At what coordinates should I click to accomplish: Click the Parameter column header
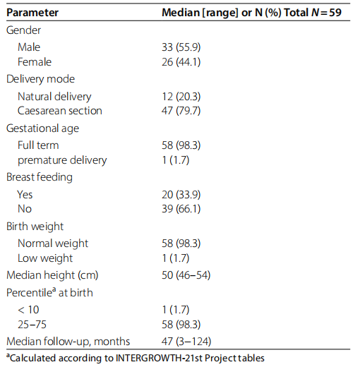[x=32, y=13]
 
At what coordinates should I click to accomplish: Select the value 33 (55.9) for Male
[x=181, y=47]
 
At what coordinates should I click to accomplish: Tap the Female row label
[x=35, y=62]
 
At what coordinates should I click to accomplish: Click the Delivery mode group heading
[x=40, y=79]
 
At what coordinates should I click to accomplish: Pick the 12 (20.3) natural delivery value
[x=181, y=97]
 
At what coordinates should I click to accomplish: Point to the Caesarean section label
[x=60, y=111]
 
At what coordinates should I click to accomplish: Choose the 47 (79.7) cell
[x=181, y=111]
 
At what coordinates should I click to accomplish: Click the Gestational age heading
[x=42, y=128]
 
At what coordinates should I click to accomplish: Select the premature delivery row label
[x=62, y=160]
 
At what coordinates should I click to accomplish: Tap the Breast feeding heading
[x=40, y=177]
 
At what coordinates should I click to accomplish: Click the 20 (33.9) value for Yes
[x=181, y=195]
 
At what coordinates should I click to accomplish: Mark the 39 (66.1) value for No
[x=181, y=209]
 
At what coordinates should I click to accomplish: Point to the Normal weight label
[x=53, y=243]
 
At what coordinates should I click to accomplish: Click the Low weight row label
[x=45, y=258]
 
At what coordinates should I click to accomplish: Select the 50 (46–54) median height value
[x=186, y=275]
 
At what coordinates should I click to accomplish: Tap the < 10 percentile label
[x=28, y=310]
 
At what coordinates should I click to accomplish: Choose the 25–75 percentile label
[x=32, y=325]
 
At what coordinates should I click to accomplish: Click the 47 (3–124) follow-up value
[x=186, y=342]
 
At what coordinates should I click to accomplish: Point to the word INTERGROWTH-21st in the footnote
[x=159, y=359]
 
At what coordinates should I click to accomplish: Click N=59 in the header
[x=326, y=13]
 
